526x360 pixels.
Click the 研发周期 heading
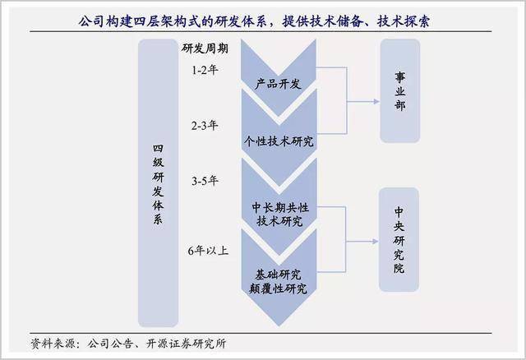[205, 48]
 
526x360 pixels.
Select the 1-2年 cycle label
[205, 70]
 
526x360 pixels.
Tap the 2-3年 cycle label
[205, 126]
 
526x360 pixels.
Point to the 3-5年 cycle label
[205, 181]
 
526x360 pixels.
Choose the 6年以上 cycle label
[208, 251]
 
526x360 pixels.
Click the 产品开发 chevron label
[278, 84]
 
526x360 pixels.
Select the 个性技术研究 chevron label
[279, 141]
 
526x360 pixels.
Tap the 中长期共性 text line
[280, 208]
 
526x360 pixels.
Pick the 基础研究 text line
[278, 275]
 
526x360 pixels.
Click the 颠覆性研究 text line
[278, 288]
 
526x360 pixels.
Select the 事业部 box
[400, 90]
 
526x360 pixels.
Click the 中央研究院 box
[399, 239]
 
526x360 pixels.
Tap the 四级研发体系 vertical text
[158, 185]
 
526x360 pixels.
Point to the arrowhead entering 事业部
[376, 101]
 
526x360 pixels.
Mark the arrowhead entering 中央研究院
[376, 241]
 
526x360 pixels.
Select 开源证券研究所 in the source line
[187, 344]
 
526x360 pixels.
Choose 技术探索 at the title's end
[404, 21]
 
